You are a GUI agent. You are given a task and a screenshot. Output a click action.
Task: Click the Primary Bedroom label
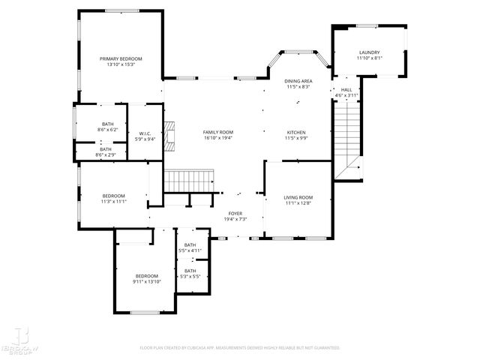pyautogui.click(x=121, y=58)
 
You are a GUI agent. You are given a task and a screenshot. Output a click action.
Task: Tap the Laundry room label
pyautogui.click(x=369, y=52)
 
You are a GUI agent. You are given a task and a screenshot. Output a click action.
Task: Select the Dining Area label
pyautogui.click(x=298, y=81)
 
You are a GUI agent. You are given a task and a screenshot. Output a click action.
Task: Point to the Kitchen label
pyautogui.click(x=295, y=133)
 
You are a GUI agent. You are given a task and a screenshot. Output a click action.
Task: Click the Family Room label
pyautogui.click(x=217, y=133)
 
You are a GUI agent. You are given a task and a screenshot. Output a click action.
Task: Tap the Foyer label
pyautogui.click(x=235, y=214)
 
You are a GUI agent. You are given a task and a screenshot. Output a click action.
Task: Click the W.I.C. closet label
pyautogui.click(x=145, y=133)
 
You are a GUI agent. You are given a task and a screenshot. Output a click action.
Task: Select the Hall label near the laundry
pyautogui.click(x=346, y=90)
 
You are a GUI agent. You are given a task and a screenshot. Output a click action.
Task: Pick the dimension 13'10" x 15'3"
pyautogui.click(x=121, y=64)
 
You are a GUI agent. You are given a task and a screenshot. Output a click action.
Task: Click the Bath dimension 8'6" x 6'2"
pyautogui.click(x=109, y=130)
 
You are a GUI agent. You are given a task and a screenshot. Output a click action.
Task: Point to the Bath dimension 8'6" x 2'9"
pyautogui.click(x=106, y=154)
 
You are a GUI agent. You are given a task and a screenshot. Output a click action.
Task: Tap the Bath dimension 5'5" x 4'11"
pyautogui.click(x=190, y=250)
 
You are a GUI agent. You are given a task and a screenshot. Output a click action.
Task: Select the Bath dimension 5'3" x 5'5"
pyautogui.click(x=190, y=277)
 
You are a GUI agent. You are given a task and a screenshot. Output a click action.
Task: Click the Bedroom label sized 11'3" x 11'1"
pyautogui.click(x=114, y=196)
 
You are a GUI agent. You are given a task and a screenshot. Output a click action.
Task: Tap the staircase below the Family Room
pyautogui.click(x=190, y=181)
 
